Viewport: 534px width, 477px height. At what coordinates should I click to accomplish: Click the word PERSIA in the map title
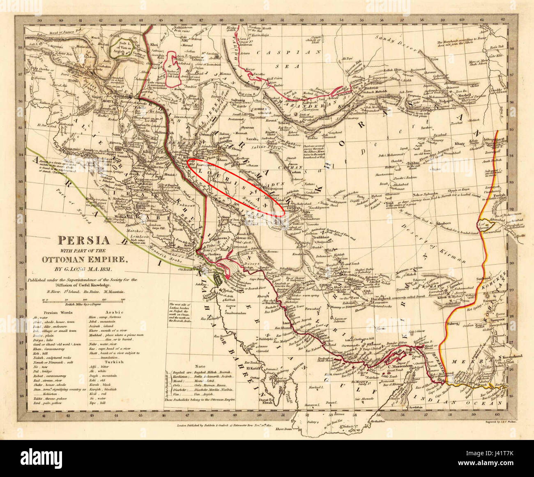coord(80,240)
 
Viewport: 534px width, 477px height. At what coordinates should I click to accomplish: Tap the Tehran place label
coord(284,123)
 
